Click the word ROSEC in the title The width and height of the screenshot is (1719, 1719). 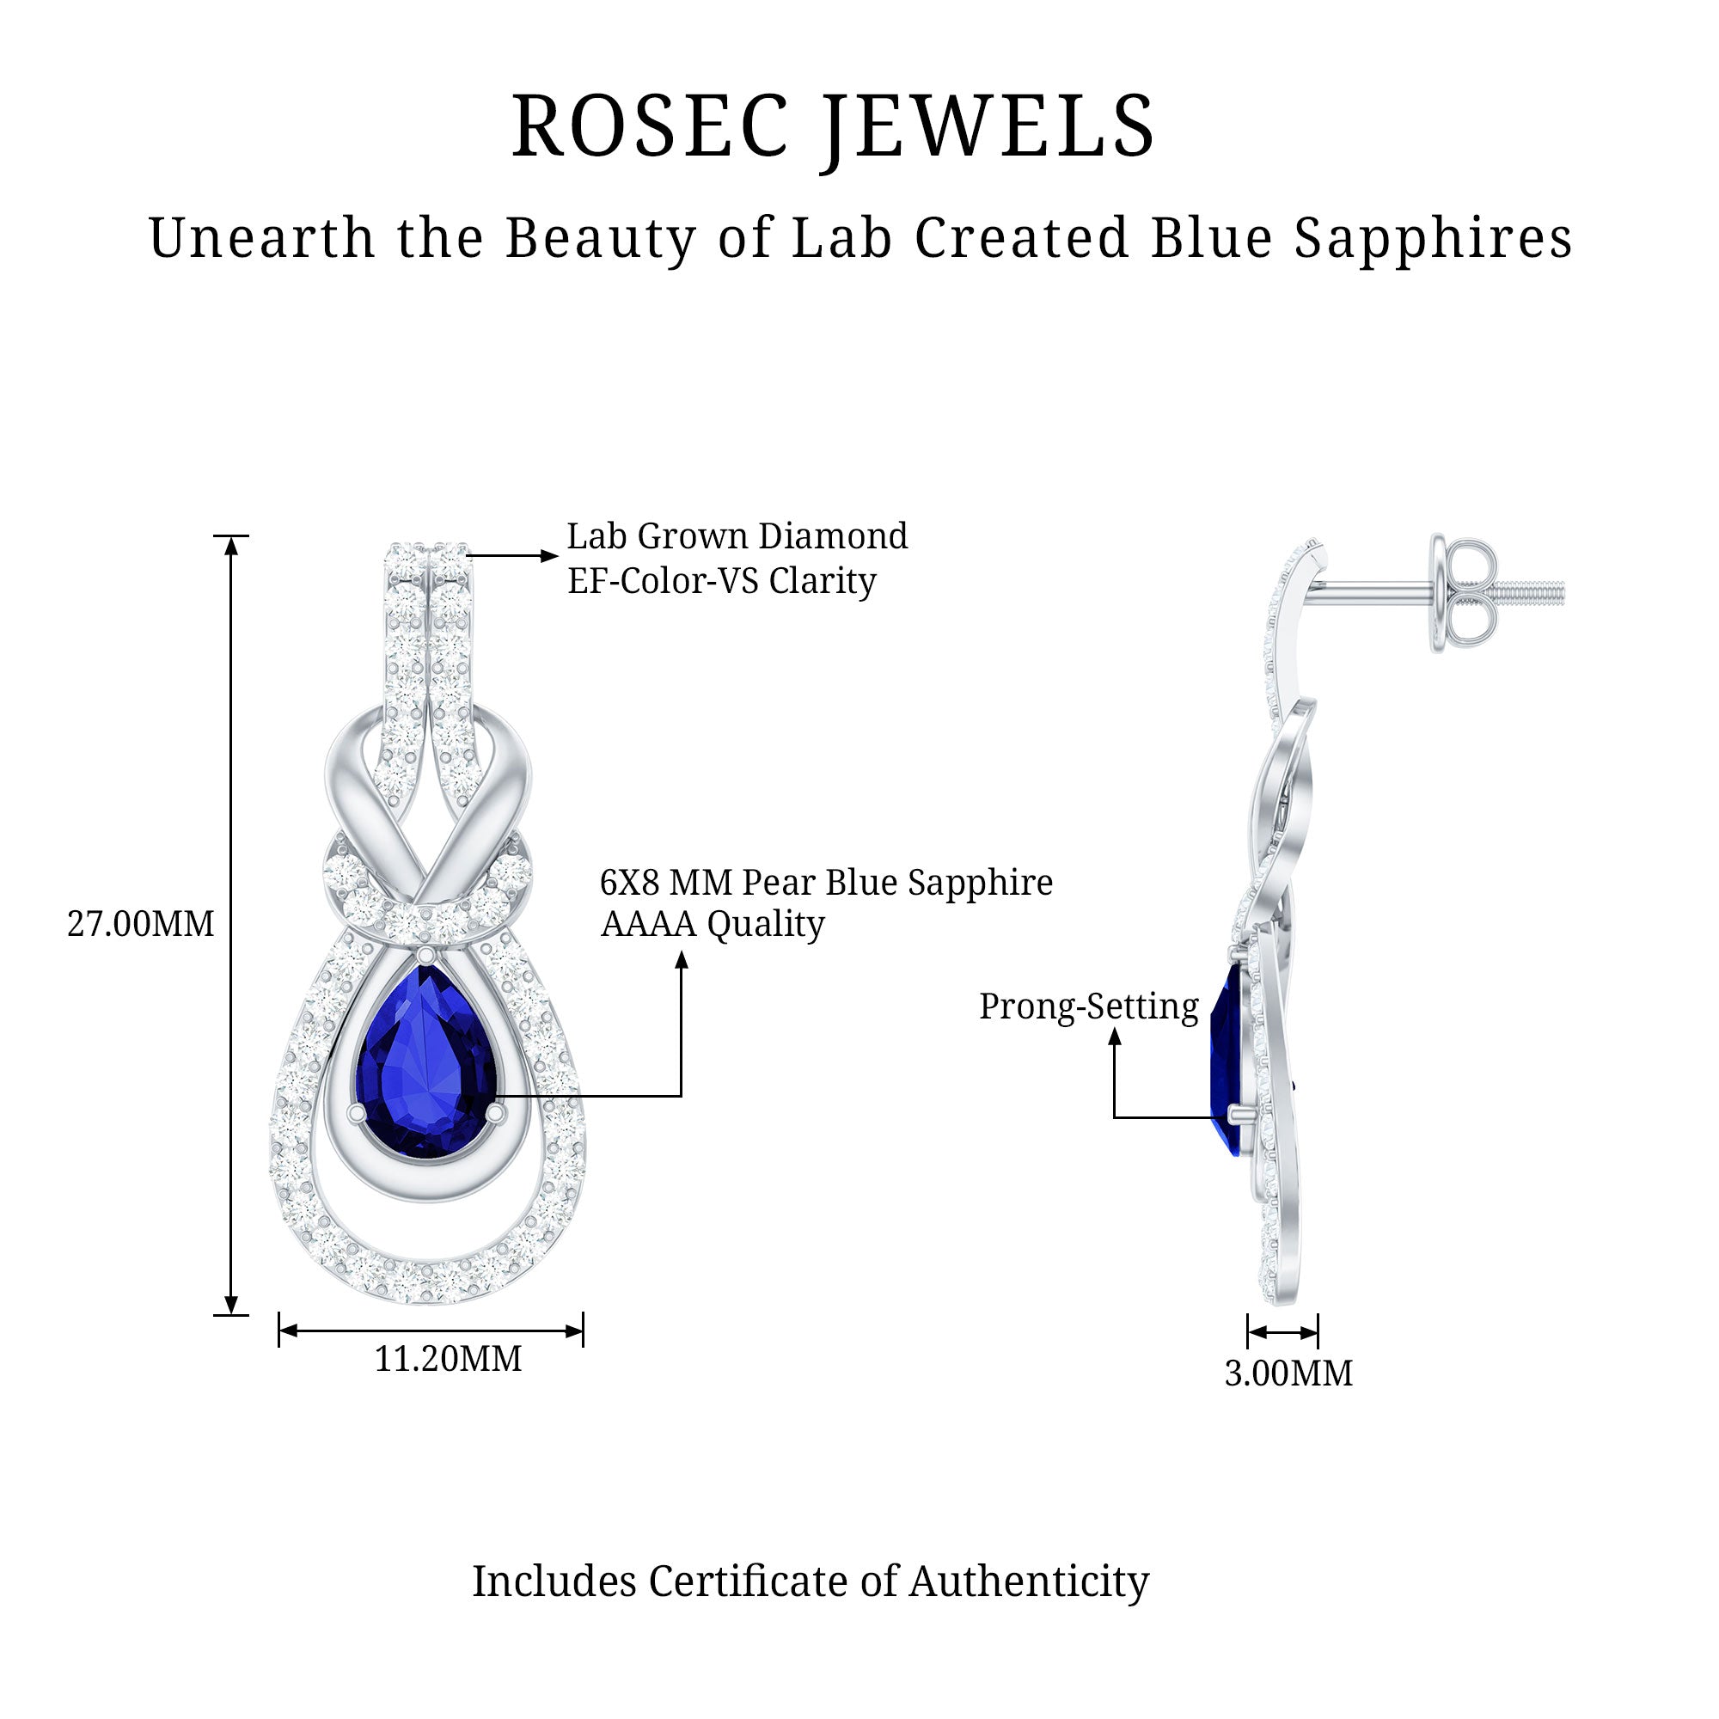pos(650,126)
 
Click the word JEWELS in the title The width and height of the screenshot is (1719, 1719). pos(988,126)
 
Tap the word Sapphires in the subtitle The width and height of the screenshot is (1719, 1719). pos(1433,238)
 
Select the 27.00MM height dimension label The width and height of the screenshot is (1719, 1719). pos(141,925)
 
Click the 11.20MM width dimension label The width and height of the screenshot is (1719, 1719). pos(448,1359)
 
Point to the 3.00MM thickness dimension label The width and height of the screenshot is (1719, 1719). pos(1288,1373)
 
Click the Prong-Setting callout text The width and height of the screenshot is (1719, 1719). pos(1088,1007)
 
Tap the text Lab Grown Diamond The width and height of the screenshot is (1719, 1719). pos(737,536)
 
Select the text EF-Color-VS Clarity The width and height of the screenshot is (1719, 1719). pos(722,581)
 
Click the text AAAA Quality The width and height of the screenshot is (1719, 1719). pos(712,924)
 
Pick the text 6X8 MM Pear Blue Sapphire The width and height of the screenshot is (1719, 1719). pos(826,883)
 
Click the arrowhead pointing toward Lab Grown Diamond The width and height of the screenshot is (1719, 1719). pos(548,556)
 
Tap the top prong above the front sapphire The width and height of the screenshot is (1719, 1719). pos(426,955)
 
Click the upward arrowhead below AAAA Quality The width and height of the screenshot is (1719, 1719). pos(682,959)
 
